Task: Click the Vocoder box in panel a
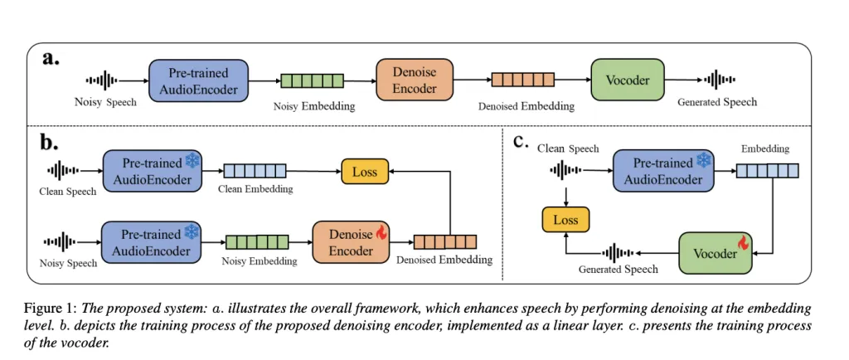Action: click(627, 80)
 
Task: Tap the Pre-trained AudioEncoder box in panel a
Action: click(199, 80)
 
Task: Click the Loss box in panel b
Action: click(364, 173)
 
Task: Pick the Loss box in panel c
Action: click(565, 220)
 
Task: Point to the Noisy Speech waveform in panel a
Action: click(102, 80)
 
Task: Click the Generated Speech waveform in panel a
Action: click(718, 80)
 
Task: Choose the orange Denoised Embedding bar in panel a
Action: click(522, 80)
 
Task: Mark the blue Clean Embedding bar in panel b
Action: click(255, 172)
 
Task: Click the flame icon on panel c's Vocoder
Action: click(745, 246)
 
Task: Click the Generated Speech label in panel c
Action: click(619, 269)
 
